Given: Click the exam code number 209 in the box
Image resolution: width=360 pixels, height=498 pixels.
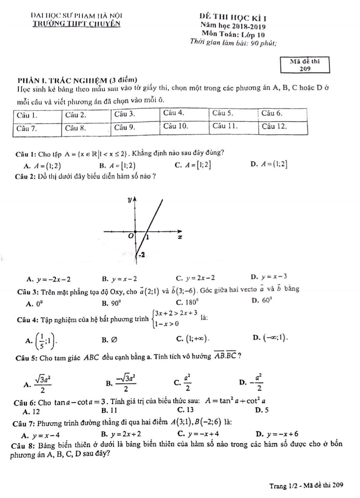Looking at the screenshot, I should (x=305, y=68).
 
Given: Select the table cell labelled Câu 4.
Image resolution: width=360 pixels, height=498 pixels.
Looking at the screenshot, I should (x=184, y=114).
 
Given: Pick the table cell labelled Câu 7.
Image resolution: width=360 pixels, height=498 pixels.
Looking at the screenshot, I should (x=37, y=128).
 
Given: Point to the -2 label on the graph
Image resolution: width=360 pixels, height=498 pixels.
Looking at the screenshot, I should (x=141, y=254).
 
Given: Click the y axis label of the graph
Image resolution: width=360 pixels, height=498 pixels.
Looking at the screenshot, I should (x=130, y=200).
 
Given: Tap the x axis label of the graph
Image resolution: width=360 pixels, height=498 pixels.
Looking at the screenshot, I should (x=180, y=237).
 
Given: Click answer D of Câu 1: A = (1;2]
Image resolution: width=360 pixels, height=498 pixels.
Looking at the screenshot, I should (x=269, y=164).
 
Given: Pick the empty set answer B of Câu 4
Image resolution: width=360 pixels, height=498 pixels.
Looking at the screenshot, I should (x=110, y=340).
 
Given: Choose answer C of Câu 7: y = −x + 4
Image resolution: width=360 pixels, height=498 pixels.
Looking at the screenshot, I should (x=199, y=434).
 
